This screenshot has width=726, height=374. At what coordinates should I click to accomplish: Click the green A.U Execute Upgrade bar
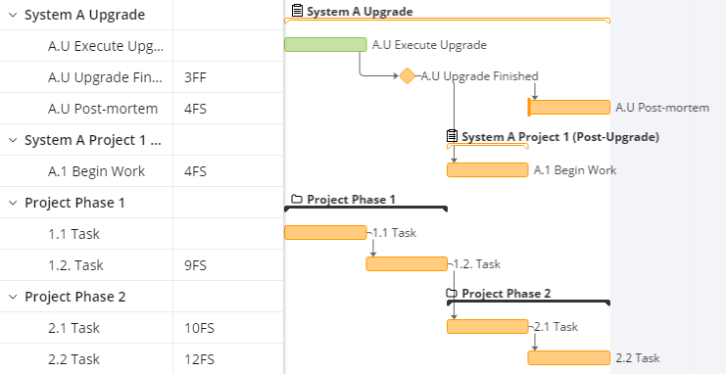point(325,44)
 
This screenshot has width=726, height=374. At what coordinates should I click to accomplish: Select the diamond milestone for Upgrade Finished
point(407,76)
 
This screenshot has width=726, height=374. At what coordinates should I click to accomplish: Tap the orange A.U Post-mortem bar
point(569,108)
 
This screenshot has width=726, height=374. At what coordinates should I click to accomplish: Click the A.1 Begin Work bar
point(488,170)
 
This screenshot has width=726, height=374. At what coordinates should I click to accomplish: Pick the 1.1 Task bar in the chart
point(325,232)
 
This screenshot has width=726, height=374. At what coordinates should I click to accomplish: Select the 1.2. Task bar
point(407,263)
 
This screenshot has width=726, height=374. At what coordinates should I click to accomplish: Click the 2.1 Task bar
point(488,326)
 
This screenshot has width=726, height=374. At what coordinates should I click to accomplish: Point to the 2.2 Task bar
point(569,357)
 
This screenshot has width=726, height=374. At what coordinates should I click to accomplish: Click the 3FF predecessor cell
point(195,77)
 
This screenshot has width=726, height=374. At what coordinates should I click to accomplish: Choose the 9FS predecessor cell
point(195,265)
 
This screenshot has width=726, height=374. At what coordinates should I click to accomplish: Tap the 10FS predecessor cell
point(200,329)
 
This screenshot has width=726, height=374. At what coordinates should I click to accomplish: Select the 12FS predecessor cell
point(200,359)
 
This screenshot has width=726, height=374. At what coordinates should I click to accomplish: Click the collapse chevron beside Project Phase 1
point(13,203)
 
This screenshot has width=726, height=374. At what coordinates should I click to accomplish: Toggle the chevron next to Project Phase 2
point(13,297)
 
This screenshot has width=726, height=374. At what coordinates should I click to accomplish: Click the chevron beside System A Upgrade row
point(13,15)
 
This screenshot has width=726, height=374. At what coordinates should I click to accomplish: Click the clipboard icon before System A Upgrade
point(297,10)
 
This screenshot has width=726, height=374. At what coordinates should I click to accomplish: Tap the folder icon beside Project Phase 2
point(452,293)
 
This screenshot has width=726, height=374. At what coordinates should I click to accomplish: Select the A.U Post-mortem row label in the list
point(103,109)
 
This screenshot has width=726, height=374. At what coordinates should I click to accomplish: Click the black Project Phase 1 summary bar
point(365,208)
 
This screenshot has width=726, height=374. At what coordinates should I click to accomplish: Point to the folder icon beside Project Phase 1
point(297,199)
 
